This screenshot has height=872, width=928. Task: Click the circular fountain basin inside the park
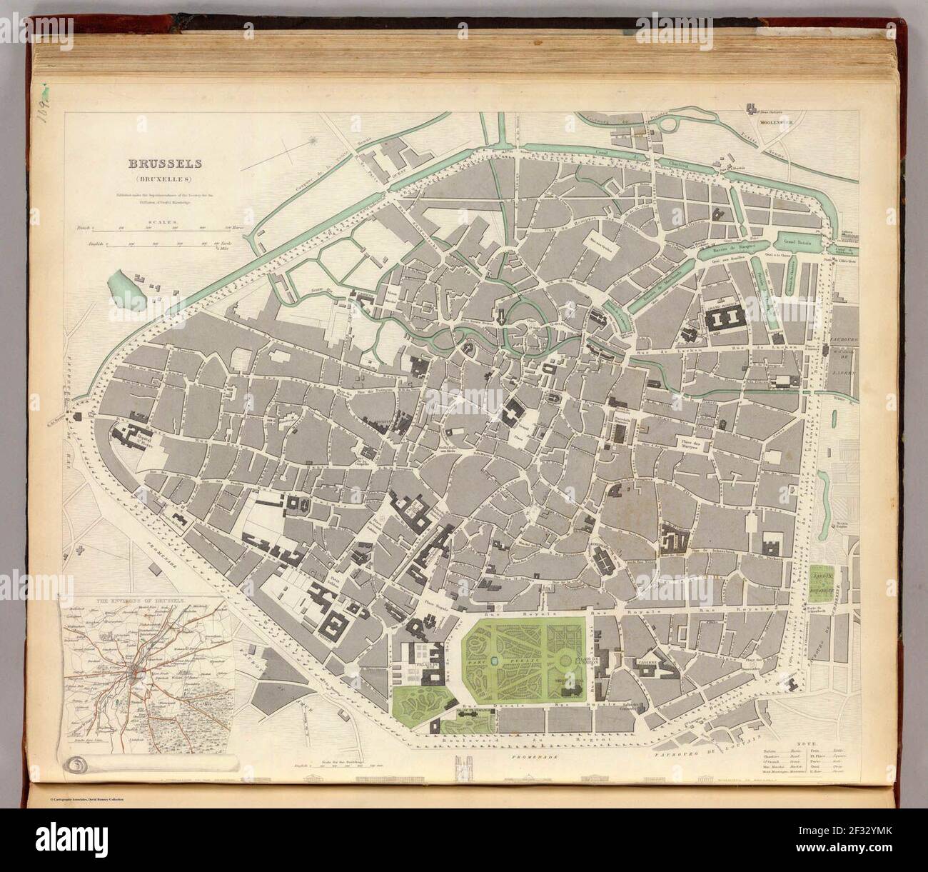[x=495, y=658]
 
